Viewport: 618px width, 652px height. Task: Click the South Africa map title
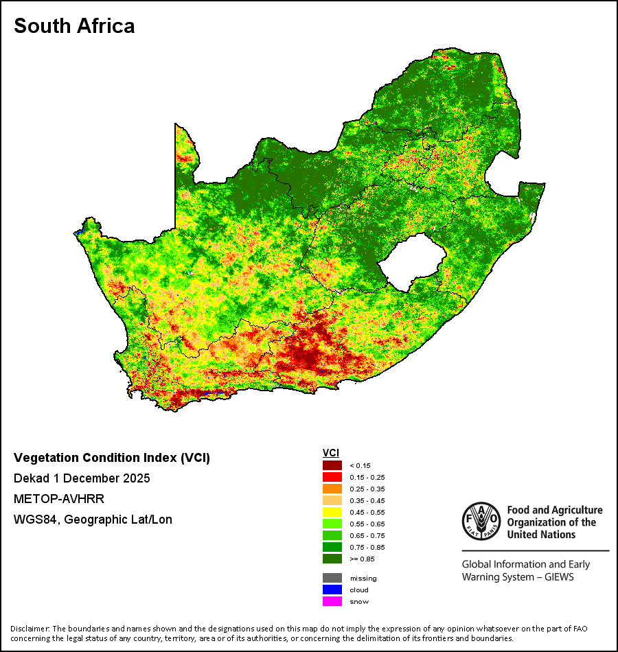coord(74,26)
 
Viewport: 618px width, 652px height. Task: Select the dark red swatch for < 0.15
coord(332,465)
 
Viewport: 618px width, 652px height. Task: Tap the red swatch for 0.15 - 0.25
coord(332,477)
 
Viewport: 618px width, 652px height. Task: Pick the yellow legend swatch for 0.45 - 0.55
coord(332,512)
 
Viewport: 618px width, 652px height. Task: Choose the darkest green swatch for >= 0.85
coord(332,559)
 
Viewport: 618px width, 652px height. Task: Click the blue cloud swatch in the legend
coord(332,590)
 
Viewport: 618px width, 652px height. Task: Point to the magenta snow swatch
coord(332,601)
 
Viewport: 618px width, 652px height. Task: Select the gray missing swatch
coord(332,578)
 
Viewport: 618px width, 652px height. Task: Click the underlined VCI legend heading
coord(331,453)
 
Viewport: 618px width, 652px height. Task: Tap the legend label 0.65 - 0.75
coord(367,535)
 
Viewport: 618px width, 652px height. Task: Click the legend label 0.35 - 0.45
coord(367,500)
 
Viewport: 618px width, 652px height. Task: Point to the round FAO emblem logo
coord(481,521)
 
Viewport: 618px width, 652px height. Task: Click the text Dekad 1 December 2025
coord(82,478)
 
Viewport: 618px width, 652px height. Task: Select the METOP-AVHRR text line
coord(58,498)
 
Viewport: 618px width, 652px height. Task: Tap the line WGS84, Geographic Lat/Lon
coord(93,520)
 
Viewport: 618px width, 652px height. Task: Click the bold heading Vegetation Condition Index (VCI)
coord(112,458)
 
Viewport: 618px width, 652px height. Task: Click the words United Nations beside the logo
coord(541,535)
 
